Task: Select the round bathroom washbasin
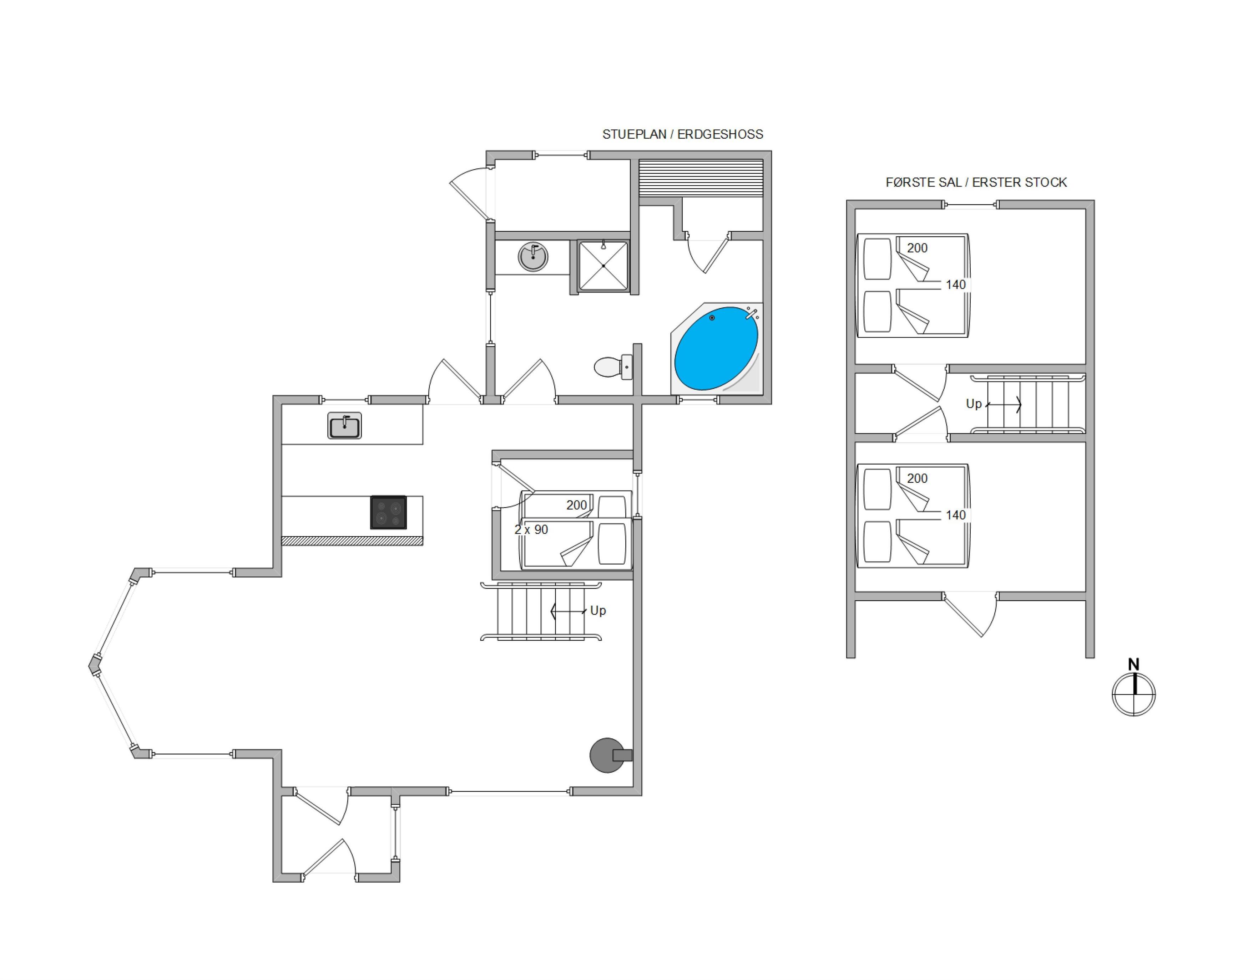tap(533, 256)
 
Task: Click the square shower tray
tap(603, 266)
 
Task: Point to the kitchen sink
tap(344, 426)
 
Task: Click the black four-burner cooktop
tap(388, 512)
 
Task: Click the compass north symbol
tap(1133, 688)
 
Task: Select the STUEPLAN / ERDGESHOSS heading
tap(683, 134)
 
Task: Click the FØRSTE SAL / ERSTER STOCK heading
tap(976, 183)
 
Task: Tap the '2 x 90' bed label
tap(531, 530)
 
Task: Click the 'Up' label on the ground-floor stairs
tap(598, 610)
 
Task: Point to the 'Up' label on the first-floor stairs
tap(973, 404)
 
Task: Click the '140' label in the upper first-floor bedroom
tap(955, 284)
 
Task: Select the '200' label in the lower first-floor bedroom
tap(917, 478)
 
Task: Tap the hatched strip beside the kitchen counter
tap(352, 541)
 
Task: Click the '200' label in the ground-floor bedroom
tap(577, 505)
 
